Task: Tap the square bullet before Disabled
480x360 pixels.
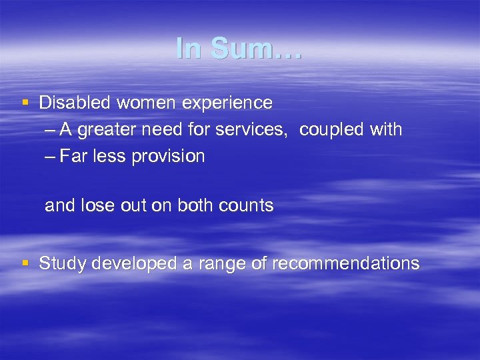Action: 25,103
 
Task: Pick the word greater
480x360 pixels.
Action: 113,130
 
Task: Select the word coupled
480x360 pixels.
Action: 331,130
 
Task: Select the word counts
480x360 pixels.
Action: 249,205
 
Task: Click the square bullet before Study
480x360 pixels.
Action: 25,263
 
